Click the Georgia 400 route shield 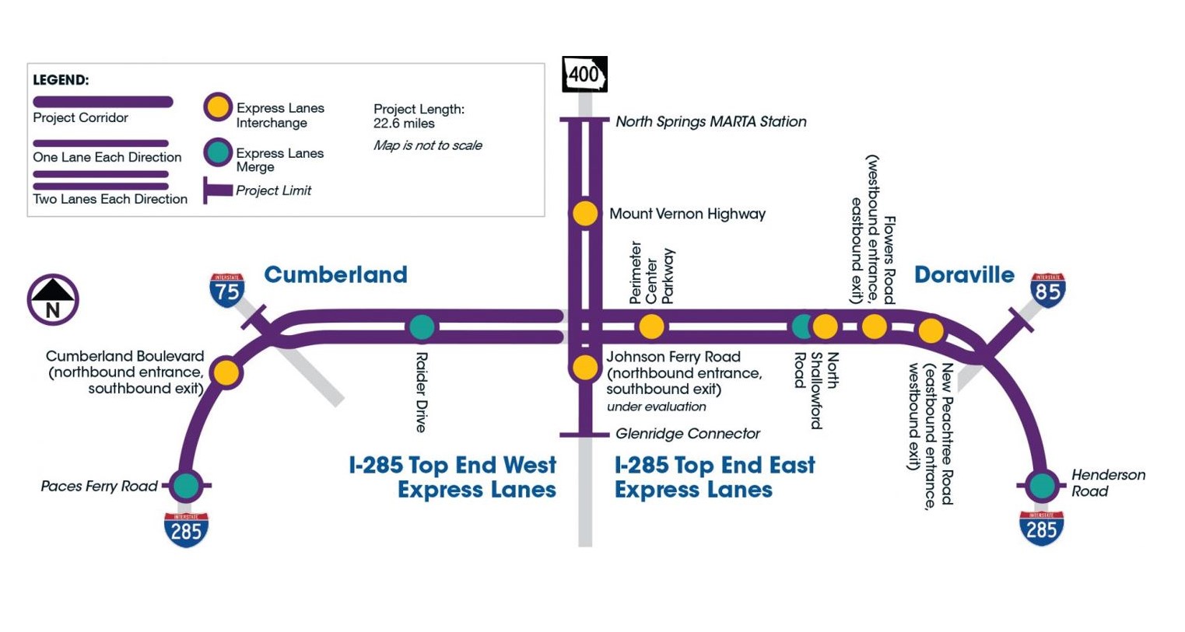click(x=584, y=75)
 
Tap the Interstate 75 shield click(x=226, y=290)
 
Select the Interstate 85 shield click(x=1047, y=290)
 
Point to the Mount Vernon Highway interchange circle click(x=585, y=213)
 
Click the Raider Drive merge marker click(x=422, y=327)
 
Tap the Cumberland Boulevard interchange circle click(x=226, y=372)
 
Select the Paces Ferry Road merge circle click(x=186, y=486)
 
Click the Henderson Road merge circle click(x=1041, y=486)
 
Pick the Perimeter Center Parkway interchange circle click(x=651, y=327)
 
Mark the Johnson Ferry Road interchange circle click(x=585, y=367)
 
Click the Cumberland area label click(x=335, y=274)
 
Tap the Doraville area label click(x=964, y=274)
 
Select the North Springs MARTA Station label click(x=710, y=121)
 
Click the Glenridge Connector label click(x=687, y=434)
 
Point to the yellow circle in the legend click(x=218, y=107)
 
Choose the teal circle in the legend click(x=218, y=152)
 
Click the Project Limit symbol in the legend click(x=217, y=190)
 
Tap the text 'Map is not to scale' click(x=427, y=145)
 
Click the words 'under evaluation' click(x=656, y=407)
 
